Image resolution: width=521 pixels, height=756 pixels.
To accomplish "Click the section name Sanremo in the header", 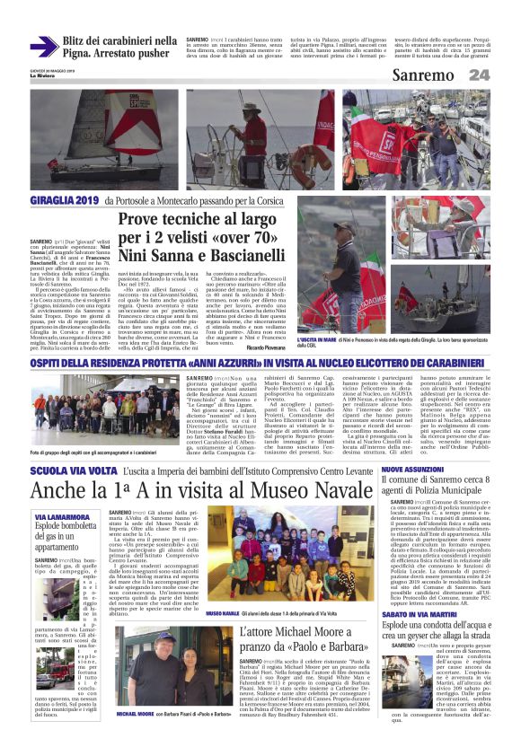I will (x=426, y=75).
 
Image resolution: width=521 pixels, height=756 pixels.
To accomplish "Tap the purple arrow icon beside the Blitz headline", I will (x=43, y=47).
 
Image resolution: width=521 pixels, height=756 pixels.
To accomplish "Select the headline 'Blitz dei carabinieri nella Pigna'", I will (x=119, y=47).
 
